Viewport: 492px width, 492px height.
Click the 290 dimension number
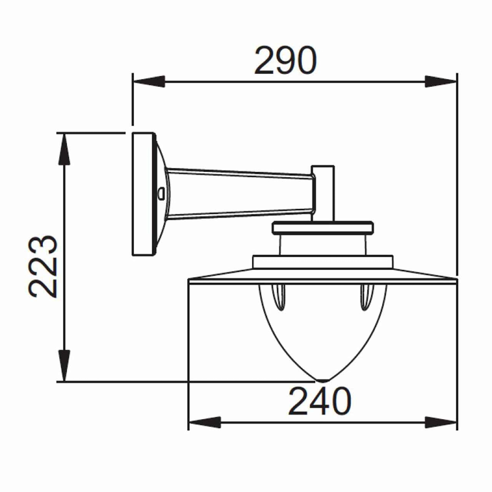(286, 60)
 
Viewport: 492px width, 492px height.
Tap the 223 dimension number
(42, 266)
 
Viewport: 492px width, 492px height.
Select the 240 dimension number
(320, 401)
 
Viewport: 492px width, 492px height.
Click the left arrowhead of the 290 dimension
(148, 82)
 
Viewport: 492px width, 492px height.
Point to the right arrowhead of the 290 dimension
(441, 82)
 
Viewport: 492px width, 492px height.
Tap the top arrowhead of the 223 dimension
(64, 149)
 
